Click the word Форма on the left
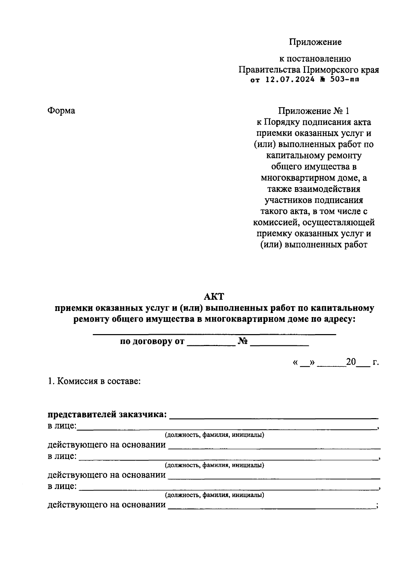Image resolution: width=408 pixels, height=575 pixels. pyautogui.click(x=61, y=111)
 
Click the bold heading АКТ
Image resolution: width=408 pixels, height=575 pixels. pyautogui.click(x=214, y=296)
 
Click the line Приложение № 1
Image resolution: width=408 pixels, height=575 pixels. pyautogui.click(x=313, y=111)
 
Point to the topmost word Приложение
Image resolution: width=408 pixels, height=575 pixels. pyautogui.click(x=315, y=42)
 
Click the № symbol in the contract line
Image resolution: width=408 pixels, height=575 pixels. pyautogui.click(x=242, y=341)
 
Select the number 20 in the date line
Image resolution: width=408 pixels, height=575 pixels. pyautogui.click(x=351, y=362)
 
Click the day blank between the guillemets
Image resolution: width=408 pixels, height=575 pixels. pyautogui.click(x=305, y=363)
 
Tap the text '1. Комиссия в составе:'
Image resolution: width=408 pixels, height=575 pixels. pyautogui.click(x=94, y=381)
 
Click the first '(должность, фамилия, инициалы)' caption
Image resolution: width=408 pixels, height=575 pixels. pyautogui.click(x=214, y=435)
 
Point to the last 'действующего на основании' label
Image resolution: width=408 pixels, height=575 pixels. pyautogui.click(x=106, y=505)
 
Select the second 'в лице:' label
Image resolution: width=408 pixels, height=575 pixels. pyautogui.click(x=62, y=456)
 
